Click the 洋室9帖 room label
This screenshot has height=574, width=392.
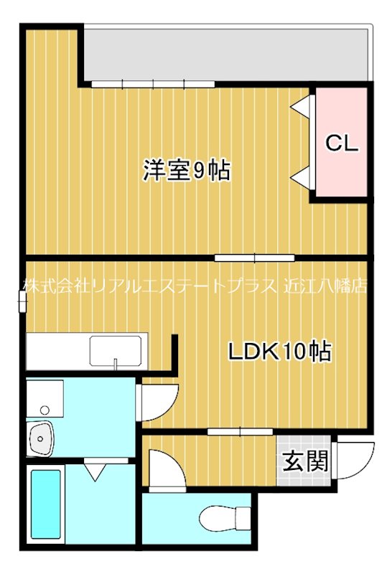(186, 171)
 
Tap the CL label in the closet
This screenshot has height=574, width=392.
(342, 143)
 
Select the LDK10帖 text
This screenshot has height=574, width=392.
(279, 352)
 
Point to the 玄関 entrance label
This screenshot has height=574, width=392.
(305, 461)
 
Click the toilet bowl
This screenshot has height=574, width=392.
(223, 518)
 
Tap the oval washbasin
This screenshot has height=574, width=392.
(42, 437)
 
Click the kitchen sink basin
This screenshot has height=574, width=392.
(115, 350)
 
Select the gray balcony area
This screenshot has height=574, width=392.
(226, 55)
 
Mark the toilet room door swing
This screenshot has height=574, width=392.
(165, 470)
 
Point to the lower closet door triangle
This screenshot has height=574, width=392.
(302, 176)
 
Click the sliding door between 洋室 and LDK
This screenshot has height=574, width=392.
(254, 256)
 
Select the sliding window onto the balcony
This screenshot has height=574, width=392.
(153, 85)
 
